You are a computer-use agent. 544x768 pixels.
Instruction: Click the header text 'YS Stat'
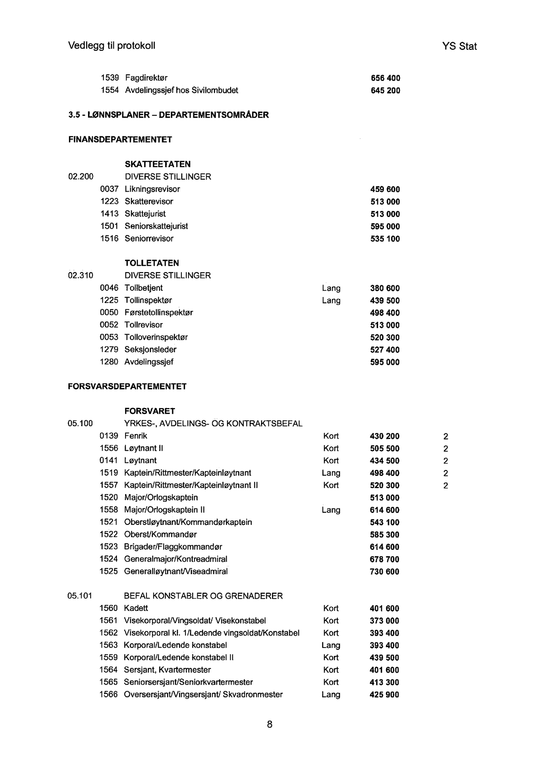(x=459, y=46)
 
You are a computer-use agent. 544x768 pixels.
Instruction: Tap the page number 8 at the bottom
(x=270, y=724)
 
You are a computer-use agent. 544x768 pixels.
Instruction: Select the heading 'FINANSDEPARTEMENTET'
(x=120, y=139)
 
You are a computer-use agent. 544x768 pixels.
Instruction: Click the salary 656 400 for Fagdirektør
(x=385, y=78)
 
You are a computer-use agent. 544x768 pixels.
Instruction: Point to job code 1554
(x=109, y=91)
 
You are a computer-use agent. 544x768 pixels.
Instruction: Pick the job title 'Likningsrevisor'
(x=152, y=189)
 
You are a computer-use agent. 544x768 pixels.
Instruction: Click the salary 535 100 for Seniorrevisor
(x=385, y=239)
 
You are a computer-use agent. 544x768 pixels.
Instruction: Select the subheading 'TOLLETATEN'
(x=152, y=263)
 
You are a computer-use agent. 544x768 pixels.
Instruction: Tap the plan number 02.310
(x=81, y=275)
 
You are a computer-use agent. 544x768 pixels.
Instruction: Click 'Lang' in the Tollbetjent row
(x=331, y=288)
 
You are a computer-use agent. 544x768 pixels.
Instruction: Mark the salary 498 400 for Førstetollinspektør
(x=385, y=313)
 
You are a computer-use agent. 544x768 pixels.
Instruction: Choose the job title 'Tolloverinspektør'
(x=156, y=337)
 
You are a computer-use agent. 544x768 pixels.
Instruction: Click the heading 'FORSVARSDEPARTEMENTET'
(x=127, y=387)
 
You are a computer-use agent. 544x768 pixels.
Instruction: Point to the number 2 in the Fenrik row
(x=446, y=437)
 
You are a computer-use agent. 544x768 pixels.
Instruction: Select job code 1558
(x=109, y=510)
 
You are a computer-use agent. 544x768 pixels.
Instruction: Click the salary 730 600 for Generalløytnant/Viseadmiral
(x=385, y=572)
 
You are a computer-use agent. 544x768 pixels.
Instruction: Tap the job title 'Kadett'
(x=136, y=608)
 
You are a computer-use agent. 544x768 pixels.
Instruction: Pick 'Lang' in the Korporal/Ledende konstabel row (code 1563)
(x=330, y=645)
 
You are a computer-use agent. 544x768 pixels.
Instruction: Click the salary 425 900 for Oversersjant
(x=384, y=695)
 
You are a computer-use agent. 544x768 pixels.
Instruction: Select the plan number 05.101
(x=80, y=596)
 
